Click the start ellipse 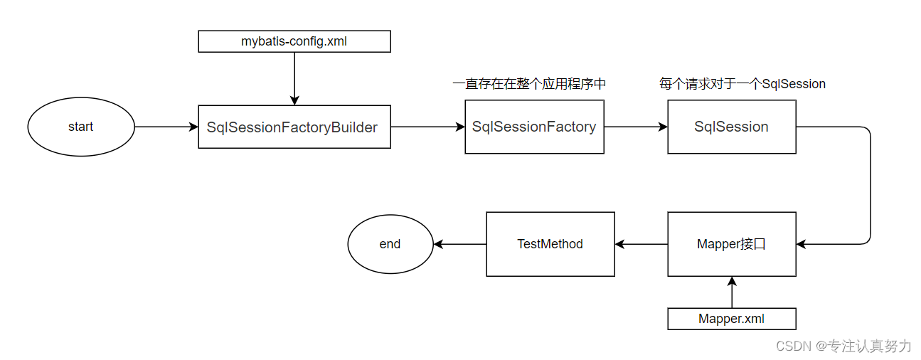[80, 127]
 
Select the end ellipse [390, 244]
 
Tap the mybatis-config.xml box [294, 41]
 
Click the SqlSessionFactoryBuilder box [294, 127]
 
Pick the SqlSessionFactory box [534, 127]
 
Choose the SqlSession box [731, 127]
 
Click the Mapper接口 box [731, 244]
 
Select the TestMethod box [550, 244]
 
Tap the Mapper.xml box [731, 319]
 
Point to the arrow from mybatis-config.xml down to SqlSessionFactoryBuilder [294, 78]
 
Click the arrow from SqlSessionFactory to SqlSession [635, 127]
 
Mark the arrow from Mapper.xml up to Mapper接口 [731, 292]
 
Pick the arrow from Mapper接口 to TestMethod [641, 244]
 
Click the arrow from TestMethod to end [459, 244]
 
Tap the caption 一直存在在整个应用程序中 [529, 84]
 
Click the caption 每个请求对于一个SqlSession [742, 84]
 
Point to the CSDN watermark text [843, 346]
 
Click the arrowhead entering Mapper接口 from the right [802, 244]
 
